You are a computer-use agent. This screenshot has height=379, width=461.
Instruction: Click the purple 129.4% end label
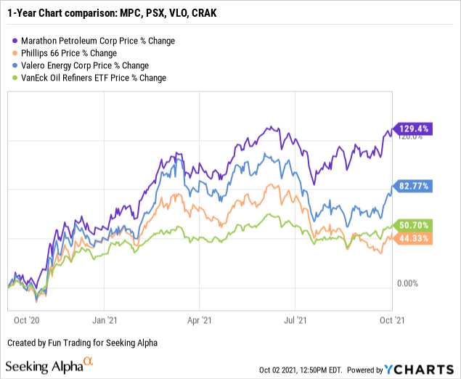[x=413, y=129]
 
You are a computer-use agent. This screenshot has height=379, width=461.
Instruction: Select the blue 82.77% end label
[x=413, y=187]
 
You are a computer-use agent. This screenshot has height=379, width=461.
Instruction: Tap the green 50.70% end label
[x=413, y=225]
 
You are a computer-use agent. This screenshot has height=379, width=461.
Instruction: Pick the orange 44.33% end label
[x=413, y=238]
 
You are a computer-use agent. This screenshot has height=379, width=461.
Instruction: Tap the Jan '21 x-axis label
[x=107, y=318]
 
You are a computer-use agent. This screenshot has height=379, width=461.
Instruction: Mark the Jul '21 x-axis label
[x=294, y=318]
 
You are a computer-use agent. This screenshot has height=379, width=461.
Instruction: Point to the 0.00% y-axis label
[x=410, y=282]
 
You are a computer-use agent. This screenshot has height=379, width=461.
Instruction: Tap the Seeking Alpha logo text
[x=44, y=365]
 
